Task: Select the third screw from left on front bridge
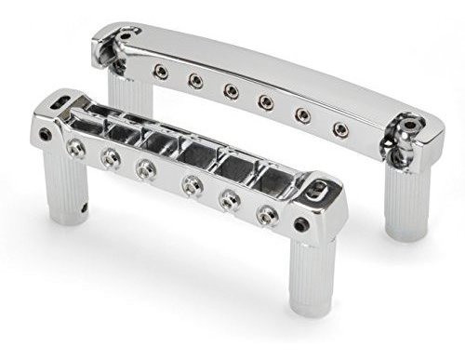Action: [145, 168]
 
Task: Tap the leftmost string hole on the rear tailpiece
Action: [161, 72]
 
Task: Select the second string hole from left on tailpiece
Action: [195, 81]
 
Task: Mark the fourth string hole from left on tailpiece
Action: [266, 102]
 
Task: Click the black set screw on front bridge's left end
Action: [46, 136]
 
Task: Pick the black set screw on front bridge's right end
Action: [302, 224]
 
